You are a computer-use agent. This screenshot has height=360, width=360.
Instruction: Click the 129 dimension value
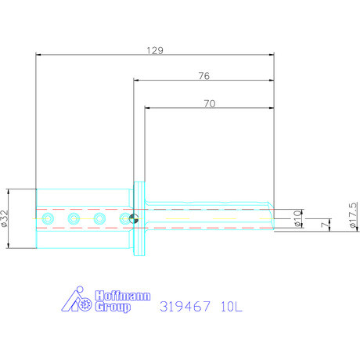[x=155, y=49]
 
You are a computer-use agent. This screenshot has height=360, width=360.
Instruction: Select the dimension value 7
[x=324, y=225]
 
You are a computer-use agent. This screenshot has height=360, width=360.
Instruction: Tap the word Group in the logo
[x=113, y=306]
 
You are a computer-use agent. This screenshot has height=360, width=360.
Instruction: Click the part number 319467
[x=186, y=305]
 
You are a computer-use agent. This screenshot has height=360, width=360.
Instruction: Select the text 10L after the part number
[x=232, y=305]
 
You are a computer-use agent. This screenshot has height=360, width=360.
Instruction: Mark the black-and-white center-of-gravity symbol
[x=134, y=219]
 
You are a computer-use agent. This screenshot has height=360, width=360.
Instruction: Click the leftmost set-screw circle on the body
[x=49, y=218]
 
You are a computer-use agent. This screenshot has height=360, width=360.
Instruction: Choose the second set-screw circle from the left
[x=74, y=218]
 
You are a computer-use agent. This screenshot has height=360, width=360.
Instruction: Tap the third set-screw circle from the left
[x=99, y=218]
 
